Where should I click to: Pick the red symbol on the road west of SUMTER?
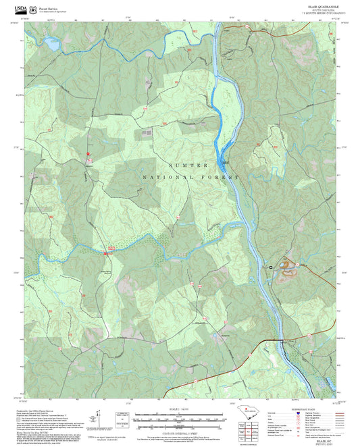88,155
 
